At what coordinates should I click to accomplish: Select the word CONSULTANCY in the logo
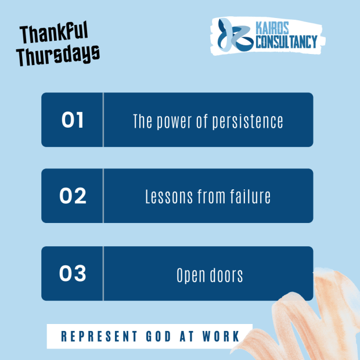pos(286,41)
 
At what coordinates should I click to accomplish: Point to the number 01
pos(73,120)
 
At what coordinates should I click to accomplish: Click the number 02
pos(73,196)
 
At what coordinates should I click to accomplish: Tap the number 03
pos(73,273)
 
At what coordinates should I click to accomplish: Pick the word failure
pos(249,197)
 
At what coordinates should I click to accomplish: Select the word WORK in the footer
pos(219,336)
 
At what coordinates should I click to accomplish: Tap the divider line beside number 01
pos(103,120)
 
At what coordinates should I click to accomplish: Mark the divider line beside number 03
pos(103,273)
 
